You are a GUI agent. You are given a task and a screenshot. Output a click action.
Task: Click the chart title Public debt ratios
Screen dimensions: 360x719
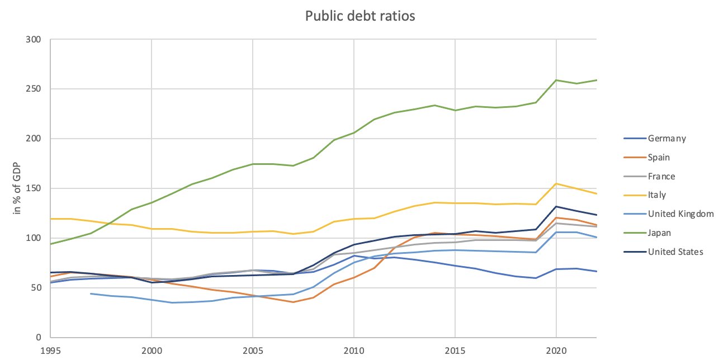coord(359,16)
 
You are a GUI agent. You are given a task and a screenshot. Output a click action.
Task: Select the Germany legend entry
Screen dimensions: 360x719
coord(666,139)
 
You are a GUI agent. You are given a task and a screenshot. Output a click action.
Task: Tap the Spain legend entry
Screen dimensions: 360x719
coord(659,158)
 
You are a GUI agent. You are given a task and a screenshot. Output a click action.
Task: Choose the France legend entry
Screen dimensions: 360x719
coord(661,177)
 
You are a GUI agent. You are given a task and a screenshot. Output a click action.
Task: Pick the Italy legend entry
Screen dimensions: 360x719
coord(656,195)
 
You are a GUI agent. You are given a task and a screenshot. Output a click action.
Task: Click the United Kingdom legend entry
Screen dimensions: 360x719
coord(680,214)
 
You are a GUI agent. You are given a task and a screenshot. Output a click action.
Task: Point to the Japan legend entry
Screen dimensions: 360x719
coord(659,233)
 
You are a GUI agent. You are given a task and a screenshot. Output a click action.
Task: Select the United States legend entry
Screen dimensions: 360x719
coord(675,252)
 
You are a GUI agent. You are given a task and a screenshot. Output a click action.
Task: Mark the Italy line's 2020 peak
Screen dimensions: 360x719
coord(556,183)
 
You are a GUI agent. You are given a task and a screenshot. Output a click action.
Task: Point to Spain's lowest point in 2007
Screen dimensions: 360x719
coord(293,302)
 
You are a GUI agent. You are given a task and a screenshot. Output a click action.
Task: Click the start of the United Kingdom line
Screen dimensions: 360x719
coord(91,293)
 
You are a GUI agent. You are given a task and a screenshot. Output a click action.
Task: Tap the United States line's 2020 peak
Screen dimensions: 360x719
coord(556,206)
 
